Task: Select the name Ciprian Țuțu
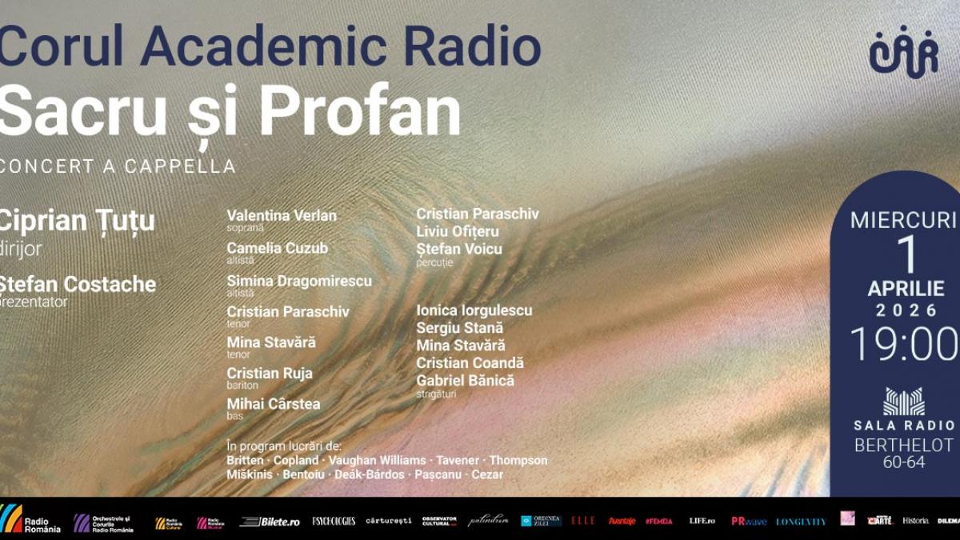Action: point(78,221)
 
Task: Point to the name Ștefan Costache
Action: point(78,284)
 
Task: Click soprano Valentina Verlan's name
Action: point(282,216)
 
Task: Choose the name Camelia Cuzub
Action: point(278,248)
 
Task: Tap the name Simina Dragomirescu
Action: point(299,281)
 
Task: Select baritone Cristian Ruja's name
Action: point(270,374)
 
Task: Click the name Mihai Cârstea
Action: point(274,404)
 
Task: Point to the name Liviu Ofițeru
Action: point(458,231)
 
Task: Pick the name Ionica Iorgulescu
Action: point(474,310)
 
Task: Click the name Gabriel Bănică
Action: point(466,381)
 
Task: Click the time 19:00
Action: point(903,345)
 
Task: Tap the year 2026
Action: point(906,310)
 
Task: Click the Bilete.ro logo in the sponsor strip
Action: point(270,522)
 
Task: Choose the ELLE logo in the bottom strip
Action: point(583,521)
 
